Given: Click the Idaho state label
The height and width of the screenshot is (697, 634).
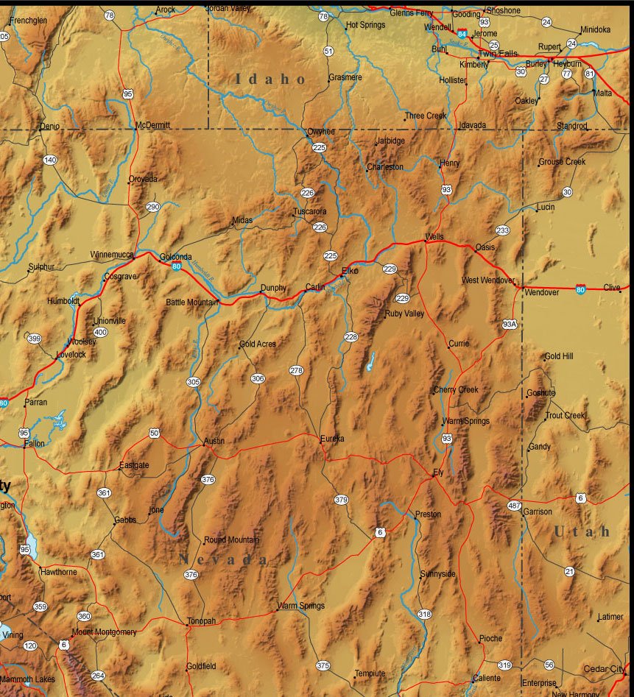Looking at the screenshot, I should pos(270,79).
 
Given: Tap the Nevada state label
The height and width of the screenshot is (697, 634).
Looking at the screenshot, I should pos(224,559).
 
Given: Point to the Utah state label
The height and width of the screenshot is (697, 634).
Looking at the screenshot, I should pos(582,531).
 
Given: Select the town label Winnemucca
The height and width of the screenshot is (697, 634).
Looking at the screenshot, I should pos(112,255).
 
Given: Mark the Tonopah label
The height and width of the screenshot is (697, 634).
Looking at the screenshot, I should pos(201,621).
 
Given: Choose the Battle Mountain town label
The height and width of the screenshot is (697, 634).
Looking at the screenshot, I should pos(191,302).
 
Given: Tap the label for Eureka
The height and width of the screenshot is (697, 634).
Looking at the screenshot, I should pos(332,439).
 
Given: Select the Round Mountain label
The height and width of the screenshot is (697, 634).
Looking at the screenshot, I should pos(231,539).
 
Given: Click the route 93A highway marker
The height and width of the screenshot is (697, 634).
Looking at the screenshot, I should pos(510,324).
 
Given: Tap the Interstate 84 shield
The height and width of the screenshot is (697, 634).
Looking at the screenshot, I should pos(462,34).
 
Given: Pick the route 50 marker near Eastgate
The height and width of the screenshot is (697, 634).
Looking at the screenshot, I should pos(155,433).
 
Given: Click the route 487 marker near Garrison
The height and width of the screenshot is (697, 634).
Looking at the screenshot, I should pos(515,506).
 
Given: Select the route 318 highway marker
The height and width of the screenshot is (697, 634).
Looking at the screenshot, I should pos(424,614).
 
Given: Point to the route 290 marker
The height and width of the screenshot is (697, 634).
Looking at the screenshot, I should pos(152,208).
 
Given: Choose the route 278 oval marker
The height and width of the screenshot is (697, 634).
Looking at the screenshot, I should pos(296,370).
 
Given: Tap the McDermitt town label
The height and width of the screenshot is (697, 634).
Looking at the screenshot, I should pos(153,126).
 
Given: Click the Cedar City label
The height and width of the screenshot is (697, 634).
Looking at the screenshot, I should pos(603,669).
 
